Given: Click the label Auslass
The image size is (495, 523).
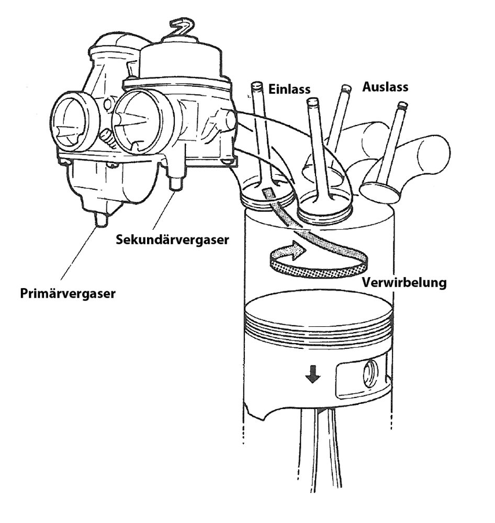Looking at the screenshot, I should [x=385, y=87].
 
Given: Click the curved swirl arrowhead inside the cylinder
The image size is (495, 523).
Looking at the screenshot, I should [x=296, y=251].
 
